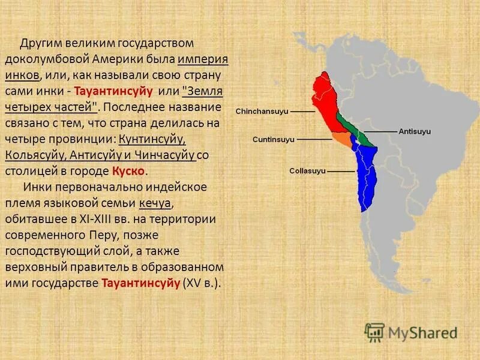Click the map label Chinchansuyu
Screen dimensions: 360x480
(262, 112)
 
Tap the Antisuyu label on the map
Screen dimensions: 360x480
(415, 130)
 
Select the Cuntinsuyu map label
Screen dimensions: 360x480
(273, 139)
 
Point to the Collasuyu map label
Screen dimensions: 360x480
(307, 171)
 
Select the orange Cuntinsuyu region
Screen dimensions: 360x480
(342, 139)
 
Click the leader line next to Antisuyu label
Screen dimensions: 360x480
(381, 130)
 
